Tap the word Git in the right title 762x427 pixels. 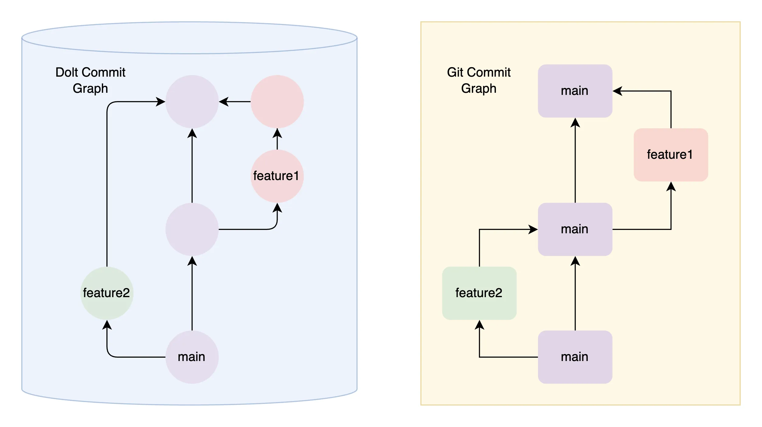point(455,72)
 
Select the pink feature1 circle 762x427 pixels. point(277,176)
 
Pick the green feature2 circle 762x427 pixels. point(107,293)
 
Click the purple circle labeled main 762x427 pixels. point(192,357)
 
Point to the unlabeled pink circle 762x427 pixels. point(277,102)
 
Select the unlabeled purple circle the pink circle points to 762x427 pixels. point(192,102)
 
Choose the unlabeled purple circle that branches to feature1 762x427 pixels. point(192,229)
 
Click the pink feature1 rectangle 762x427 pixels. point(670,155)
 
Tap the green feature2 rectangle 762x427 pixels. point(479,293)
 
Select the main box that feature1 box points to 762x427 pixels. point(575,91)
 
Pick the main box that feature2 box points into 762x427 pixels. point(575,229)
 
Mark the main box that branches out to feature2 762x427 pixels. point(575,357)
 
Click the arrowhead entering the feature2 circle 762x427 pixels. point(107,325)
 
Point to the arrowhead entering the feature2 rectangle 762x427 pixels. point(480,325)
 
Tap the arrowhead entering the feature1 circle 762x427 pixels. point(277,208)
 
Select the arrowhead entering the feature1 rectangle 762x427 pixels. point(671,186)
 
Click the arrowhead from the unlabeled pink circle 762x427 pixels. point(223,102)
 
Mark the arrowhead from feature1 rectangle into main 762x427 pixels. point(617,91)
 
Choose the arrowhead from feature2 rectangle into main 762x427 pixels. point(533,229)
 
